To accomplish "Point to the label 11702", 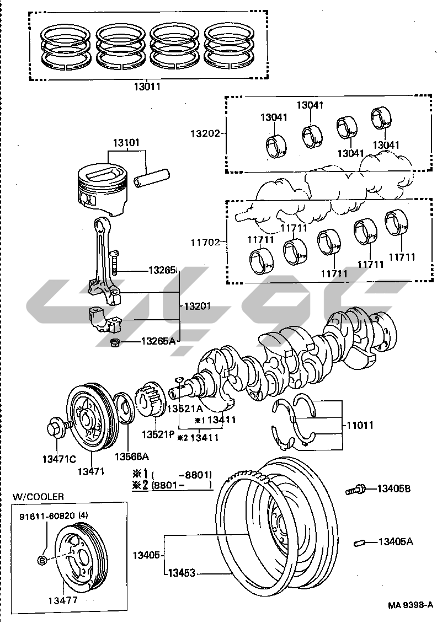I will [206, 241].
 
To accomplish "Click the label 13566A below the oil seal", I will [132, 456].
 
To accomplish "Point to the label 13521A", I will [185, 409].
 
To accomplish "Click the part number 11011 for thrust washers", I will [360, 426].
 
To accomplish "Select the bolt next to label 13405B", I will [355, 488].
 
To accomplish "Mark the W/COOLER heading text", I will [39, 497].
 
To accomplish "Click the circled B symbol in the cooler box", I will [42, 561].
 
